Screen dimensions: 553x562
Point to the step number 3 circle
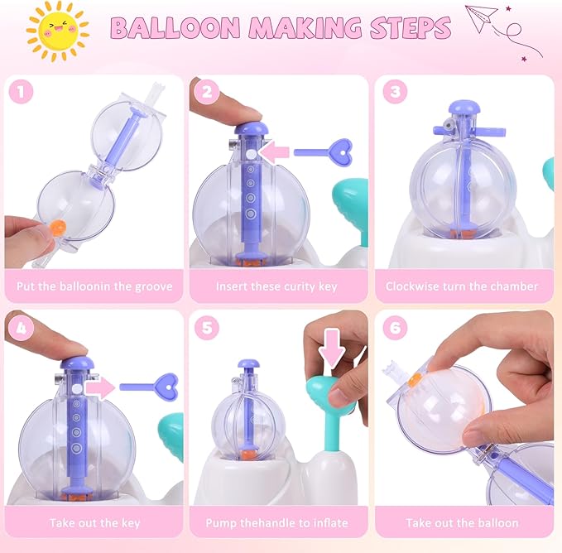pos(396,92)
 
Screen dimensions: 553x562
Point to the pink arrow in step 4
pos(100,386)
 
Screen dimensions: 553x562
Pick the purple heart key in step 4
pos(150,385)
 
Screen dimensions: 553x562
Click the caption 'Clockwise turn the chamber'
pos(462,286)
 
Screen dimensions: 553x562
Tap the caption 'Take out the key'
pos(94,522)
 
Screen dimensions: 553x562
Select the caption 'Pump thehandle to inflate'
pos(277,522)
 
